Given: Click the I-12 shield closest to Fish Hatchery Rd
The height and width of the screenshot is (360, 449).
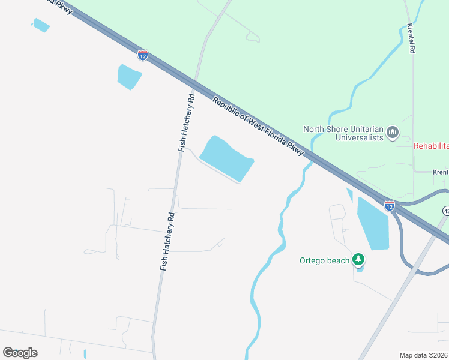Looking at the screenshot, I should tap(143, 55).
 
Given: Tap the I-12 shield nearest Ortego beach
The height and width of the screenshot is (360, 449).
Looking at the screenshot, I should tap(390, 206).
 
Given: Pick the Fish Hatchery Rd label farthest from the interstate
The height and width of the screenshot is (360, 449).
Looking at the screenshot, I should tap(167, 241).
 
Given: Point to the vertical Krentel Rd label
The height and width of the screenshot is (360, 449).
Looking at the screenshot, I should tap(412, 39).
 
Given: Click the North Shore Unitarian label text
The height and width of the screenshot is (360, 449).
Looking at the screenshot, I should tap(343, 128).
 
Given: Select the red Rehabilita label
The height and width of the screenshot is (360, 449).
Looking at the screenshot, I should tap(431, 146).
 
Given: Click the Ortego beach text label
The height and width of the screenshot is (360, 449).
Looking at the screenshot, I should tap(324, 260).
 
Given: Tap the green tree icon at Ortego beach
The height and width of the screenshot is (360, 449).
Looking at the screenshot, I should tap(358, 259).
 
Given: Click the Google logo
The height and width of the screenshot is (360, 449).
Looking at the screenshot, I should tap(20, 352).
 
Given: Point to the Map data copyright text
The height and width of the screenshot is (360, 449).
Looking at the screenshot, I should tap(424, 355).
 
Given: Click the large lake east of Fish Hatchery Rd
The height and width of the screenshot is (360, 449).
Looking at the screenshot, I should tap(225, 158).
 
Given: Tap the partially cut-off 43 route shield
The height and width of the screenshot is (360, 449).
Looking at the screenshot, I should tap(446, 211).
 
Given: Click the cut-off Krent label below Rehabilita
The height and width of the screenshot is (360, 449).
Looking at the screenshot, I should tap(441, 172).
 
